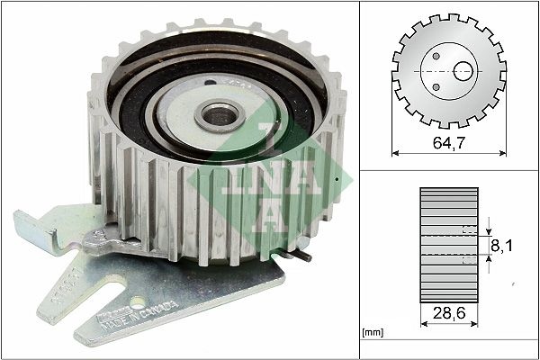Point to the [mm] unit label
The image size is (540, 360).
(371, 333)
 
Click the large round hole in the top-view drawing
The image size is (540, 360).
(464, 70)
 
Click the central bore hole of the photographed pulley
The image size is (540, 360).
(217, 114)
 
